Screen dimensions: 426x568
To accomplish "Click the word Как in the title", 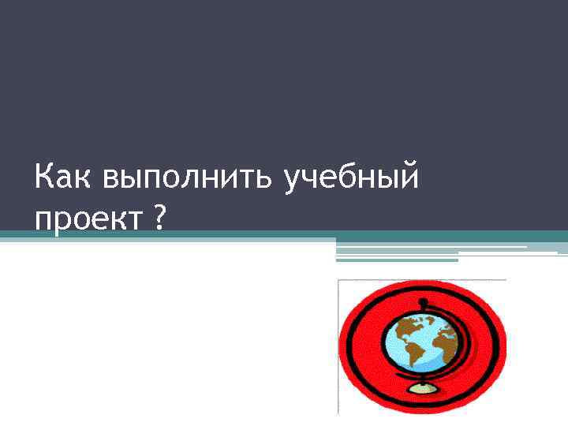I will click(x=64, y=177).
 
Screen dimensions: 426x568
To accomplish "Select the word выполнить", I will click(x=187, y=177).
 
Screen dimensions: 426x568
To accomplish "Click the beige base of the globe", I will click(x=424, y=387).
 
